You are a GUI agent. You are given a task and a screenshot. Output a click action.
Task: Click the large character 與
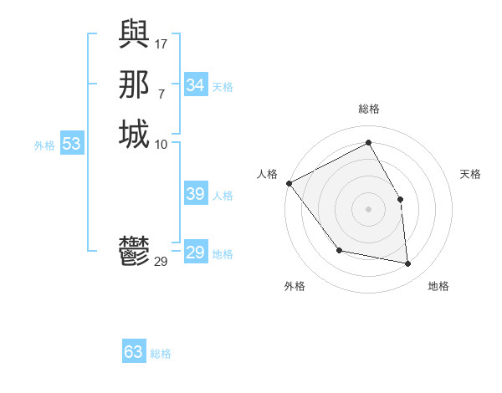click(x=134, y=33)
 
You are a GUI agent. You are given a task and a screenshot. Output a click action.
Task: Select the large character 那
click(x=134, y=84)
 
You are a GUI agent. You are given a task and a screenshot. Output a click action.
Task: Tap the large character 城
click(x=134, y=135)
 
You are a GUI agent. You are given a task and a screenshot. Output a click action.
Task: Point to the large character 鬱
click(x=134, y=252)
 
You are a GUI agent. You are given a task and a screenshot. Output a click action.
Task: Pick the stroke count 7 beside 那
click(x=161, y=94)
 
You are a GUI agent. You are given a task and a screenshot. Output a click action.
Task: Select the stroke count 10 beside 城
click(x=161, y=144)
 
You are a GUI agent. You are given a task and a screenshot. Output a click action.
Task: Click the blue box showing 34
click(x=196, y=85)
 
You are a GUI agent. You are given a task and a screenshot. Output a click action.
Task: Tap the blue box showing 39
click(x=196, y=194)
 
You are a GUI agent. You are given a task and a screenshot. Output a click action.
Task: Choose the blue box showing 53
click(x=72, y=144)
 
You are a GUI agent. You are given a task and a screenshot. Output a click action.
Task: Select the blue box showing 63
click(x=134, y=352)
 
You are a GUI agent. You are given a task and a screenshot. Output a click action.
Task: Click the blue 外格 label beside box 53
click(x=44, y=145)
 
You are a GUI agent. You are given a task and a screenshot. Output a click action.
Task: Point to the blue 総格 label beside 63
click(x=161, y=354)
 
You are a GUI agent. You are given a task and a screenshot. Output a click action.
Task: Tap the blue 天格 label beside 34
click(x=223, y=87)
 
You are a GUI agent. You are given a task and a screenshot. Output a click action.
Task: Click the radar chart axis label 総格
click(x=368, y=109)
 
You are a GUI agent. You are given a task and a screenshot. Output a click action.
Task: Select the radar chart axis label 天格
click(x=470, y=174)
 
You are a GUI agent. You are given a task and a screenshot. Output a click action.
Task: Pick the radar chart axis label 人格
click(x=267, y=174)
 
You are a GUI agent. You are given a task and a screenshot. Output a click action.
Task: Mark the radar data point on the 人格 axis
click(x=289, y=183)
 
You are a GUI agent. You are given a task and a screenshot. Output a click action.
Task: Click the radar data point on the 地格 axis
click(x=408, y=263)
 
